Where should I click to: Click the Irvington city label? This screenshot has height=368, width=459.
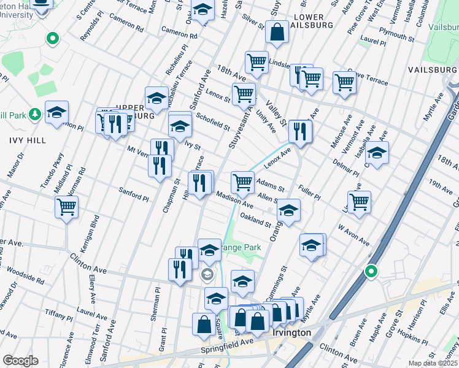291,332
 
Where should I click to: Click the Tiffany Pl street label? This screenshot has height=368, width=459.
59,314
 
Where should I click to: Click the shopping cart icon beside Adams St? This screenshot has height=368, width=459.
242,182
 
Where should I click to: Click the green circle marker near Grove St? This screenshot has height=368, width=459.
371,270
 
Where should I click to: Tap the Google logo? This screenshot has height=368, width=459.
20,361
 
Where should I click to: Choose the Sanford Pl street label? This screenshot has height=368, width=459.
134,194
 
